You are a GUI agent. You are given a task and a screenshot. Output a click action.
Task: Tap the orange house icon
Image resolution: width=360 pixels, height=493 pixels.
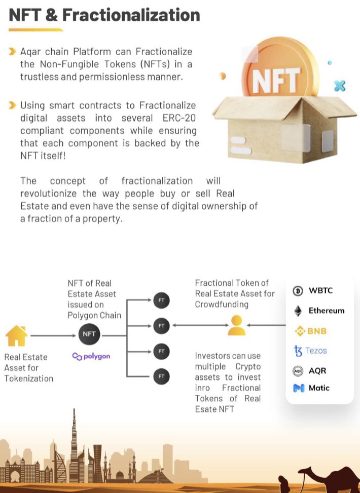16,335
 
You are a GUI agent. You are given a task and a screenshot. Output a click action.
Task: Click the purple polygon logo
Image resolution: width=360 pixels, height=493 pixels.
91,356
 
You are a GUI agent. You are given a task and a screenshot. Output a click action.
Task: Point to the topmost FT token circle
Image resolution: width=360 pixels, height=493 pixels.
161,300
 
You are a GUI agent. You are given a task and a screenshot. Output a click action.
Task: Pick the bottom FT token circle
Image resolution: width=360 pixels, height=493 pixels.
161,375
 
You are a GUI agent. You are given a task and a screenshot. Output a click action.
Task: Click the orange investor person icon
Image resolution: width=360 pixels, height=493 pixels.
236,325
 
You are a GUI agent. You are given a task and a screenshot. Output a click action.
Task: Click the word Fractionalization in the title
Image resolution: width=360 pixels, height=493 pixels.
131,15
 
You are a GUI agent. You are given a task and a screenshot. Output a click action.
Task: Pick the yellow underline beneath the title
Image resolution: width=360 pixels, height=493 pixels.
35,30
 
